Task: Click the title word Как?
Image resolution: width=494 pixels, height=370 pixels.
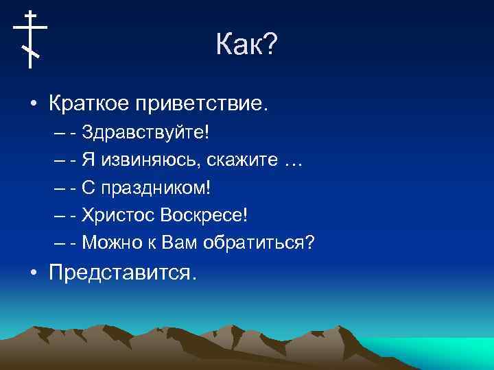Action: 246,46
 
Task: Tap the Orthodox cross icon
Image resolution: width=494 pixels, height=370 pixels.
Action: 30,39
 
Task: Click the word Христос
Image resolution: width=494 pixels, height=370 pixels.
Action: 118,215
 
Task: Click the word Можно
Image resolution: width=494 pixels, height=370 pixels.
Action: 113,243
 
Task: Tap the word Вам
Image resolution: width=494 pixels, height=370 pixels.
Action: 180,243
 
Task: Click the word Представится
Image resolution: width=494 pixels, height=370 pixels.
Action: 122,273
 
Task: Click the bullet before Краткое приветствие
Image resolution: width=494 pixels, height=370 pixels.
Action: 33,106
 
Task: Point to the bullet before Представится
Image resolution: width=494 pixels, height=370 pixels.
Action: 33,273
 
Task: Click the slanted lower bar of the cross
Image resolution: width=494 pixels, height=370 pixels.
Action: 30,51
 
